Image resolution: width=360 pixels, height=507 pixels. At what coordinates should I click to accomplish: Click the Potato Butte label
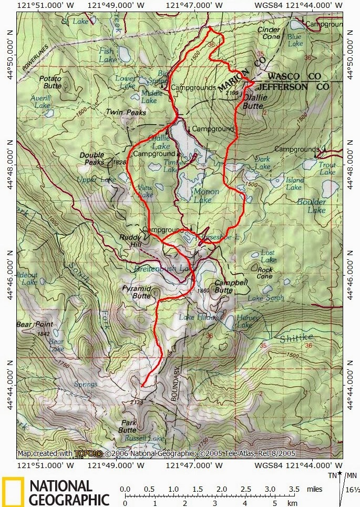(x=50, y=82)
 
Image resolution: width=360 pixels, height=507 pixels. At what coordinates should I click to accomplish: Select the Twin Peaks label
(x=126, y=113)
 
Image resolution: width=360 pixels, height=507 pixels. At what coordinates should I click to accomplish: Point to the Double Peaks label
(x=92, y=158)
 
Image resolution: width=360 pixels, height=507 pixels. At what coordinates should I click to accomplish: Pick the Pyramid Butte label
(x=137, y=292)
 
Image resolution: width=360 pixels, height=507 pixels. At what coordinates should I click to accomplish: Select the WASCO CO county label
(x=295, y=76)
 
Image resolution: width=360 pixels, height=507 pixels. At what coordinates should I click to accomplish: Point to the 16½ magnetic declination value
(x=353, y=490)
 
